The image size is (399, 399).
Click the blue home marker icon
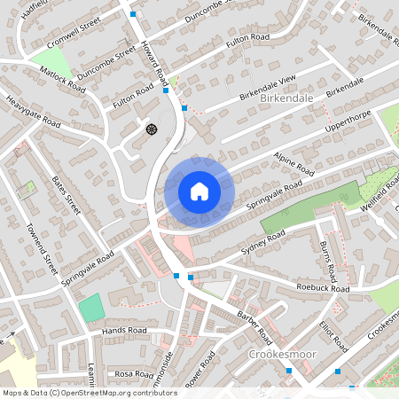(199, 191)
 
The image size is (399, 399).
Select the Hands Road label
(124, 330)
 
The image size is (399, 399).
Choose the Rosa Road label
(133, 373)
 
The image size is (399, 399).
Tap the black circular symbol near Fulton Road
(150, 129)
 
